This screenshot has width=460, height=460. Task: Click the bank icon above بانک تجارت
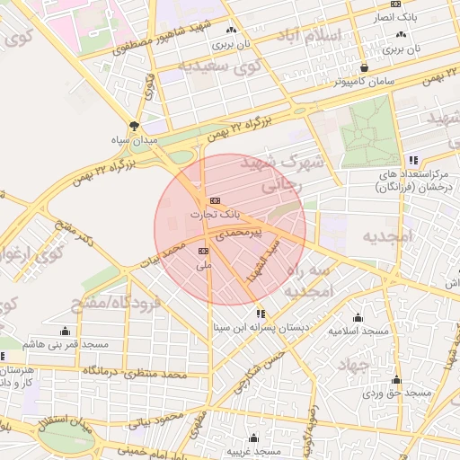click(214, 200)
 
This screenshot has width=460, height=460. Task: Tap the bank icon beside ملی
click(203, 251)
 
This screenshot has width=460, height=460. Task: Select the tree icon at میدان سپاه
click(134, 127)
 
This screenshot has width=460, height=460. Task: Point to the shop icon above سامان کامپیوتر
click(364, 67)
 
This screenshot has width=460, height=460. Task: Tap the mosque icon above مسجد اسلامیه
click(358, 317)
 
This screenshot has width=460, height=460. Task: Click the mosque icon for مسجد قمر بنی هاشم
click(65, 331)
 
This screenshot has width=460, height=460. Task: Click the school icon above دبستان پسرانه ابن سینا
click(261, 314)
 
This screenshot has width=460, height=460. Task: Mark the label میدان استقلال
click(65, 425)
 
